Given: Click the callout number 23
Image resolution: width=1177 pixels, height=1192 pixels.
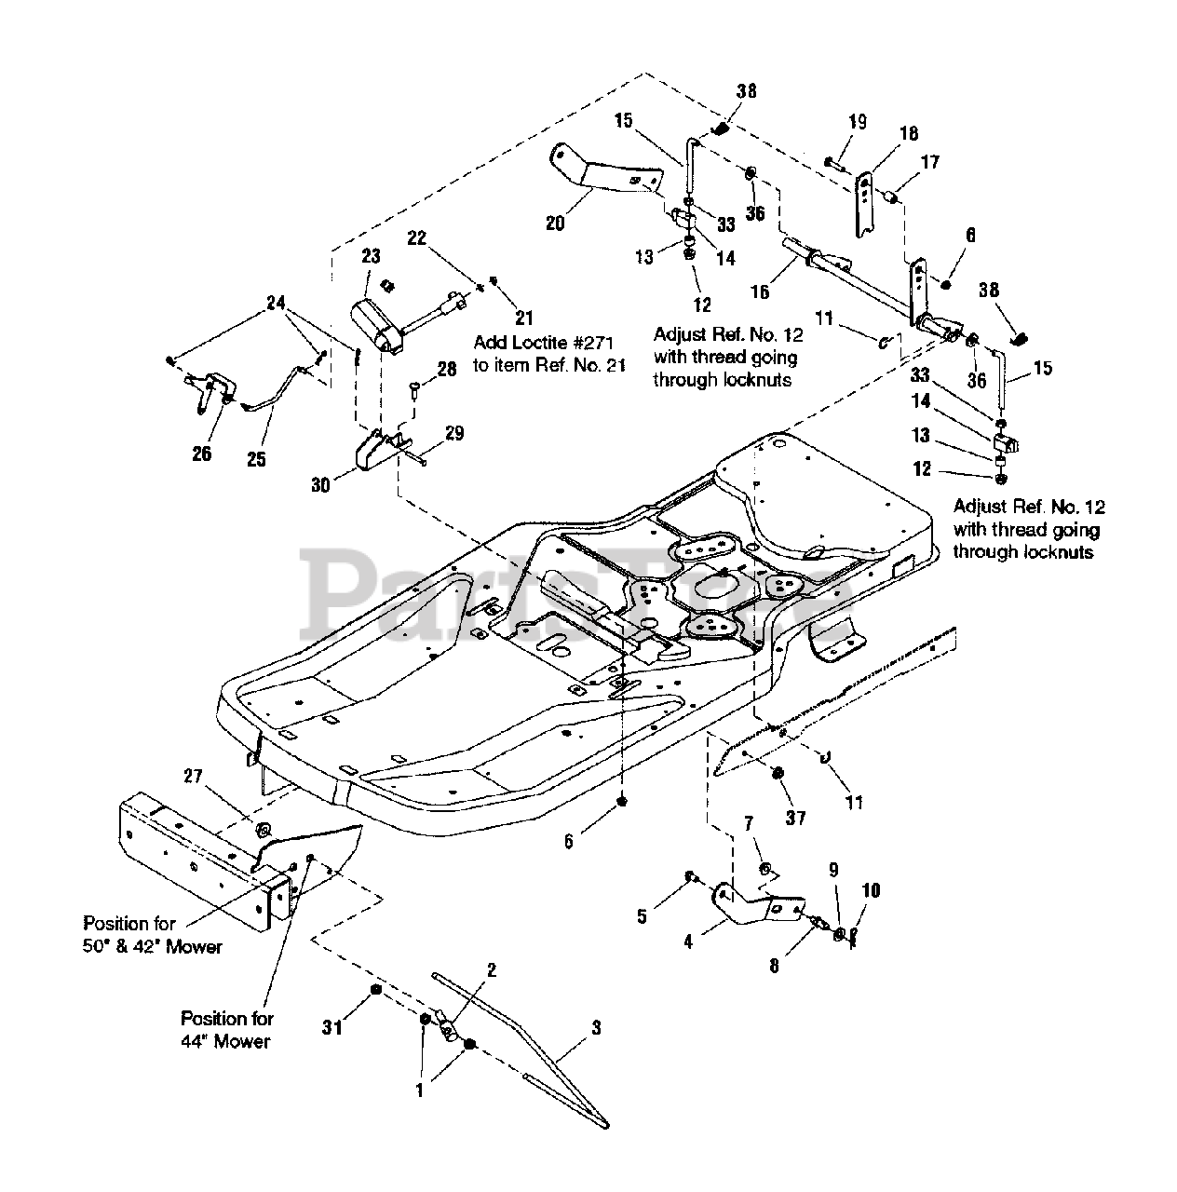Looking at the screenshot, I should click(371, 255).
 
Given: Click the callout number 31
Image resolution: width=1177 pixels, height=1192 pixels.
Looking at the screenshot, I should click(332, 1027).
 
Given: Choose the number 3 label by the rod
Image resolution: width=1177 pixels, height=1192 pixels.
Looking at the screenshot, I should click(596, 1027).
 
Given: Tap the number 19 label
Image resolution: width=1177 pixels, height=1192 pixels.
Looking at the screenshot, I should click(857, 121).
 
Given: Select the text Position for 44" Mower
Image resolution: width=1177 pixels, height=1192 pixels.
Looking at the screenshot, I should click(227, 1029).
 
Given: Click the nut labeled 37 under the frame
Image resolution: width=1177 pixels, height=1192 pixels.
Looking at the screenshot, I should click(778, 772).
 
